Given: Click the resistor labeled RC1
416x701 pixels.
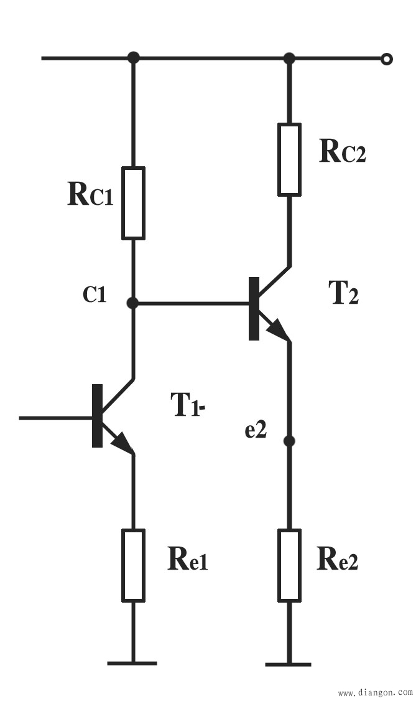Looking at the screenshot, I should [x=133, y=203].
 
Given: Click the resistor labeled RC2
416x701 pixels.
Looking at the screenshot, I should [x=289, y=159].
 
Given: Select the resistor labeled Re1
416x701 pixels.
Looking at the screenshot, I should [x=133, y=565].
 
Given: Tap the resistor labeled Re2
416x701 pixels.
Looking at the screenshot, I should [x=289, y=565].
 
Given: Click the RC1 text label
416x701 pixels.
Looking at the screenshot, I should [x=89, y=195].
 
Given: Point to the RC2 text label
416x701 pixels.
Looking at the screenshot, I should [x=342, y=151].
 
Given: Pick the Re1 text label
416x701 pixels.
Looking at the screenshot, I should [x=187, y=560].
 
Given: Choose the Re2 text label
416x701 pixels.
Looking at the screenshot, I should [x=338, y=560].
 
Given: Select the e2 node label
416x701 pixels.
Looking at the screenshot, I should [x=256, y=430].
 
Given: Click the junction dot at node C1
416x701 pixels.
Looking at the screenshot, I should [x=132, y=303].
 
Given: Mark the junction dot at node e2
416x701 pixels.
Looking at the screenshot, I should [x=289, y=441].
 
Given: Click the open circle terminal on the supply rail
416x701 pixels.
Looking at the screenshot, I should [x=387, y=59].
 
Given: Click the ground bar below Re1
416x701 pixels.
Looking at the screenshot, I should [x=132, y=663].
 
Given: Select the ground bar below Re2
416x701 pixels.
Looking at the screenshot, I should [x=289, y=664].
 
